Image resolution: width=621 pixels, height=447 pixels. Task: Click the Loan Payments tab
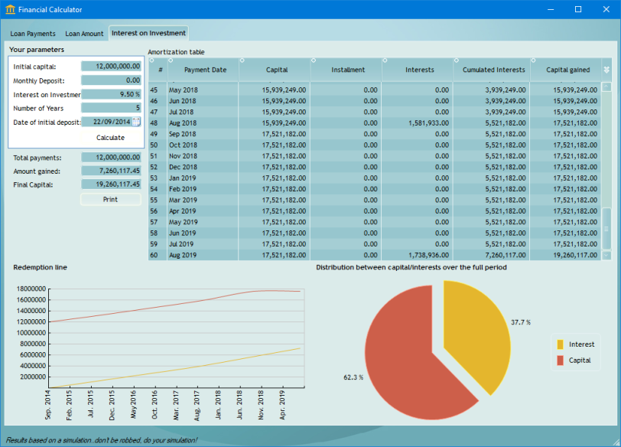(33, 34)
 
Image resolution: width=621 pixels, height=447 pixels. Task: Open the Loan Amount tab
(84, 34)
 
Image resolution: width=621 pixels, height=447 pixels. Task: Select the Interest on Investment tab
(148, 33)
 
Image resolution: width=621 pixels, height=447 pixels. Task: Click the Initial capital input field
(111, 67)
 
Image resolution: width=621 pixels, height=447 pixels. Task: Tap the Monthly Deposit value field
(111, 80)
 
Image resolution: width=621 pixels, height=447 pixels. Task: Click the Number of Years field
(111, 108)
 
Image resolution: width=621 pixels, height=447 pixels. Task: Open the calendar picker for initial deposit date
(136, 122)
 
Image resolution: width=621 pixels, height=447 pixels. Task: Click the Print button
(111, 199)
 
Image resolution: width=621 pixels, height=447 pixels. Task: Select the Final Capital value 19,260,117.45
(111, 184)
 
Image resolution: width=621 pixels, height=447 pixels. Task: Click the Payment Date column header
(205, 70)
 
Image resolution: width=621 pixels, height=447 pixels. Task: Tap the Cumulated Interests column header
(494, 70)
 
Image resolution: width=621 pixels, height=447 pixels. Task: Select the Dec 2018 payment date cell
(184, 167)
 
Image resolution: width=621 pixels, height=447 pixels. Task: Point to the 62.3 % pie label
(353, 377)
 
